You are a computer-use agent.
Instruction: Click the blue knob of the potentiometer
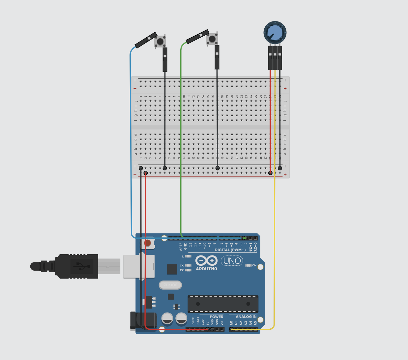click(275, 32)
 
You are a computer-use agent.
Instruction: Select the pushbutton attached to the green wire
click(212, 39)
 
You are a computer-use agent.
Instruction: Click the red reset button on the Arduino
click(147, 243)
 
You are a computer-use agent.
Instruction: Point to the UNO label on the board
click(232, 261)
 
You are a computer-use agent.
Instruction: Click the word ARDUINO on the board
click(207, 269)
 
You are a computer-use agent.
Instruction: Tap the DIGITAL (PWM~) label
click(230, 250)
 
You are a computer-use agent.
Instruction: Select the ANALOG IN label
click(246, 316)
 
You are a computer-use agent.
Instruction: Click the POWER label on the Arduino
click(217, 317)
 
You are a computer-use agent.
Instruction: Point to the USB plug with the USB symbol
click(79, 266)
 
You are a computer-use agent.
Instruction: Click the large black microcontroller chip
click(223, 304)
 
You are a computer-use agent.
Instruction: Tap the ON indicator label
click(254, 265)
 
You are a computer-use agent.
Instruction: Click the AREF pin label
click(181, 247)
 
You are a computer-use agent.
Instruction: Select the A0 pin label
click(231, 323)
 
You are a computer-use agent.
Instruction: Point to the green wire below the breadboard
click(181, 204)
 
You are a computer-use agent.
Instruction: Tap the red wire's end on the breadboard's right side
click(270, 173)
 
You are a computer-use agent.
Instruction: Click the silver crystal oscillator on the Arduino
click(170, 285)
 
